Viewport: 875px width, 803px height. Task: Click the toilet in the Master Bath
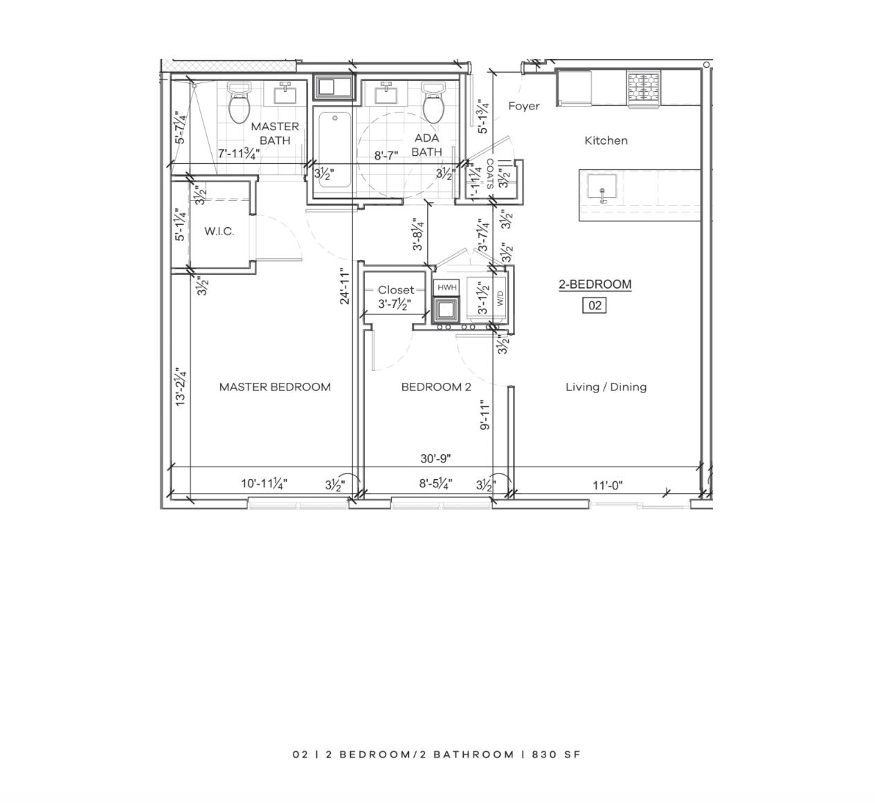pos(239,103)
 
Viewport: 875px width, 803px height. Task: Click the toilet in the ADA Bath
pos(433,103)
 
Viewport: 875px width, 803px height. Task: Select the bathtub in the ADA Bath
pos(334,150)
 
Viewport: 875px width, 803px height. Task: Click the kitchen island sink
pos(602,189)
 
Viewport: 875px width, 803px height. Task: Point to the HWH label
pos(446,287)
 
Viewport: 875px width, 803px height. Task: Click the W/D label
pos(500,299)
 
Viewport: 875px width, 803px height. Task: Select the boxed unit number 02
pos(595,305)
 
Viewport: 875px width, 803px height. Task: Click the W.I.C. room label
pos(219,231)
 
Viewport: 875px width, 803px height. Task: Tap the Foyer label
pos(524,106)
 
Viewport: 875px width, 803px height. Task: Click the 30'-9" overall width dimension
pos(435,458)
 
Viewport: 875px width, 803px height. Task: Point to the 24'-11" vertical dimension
pos(345,286)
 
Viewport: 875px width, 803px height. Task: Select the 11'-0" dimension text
pos(607,485)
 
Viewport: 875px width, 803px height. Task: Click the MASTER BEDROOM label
pos(275,387)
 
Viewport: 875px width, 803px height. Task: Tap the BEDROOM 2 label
pos(436,387)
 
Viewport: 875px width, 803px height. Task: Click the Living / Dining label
pos(606,387)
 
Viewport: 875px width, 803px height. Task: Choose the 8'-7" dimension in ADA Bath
pos(386,155)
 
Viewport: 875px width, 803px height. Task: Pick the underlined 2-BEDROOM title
pos(595,285)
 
